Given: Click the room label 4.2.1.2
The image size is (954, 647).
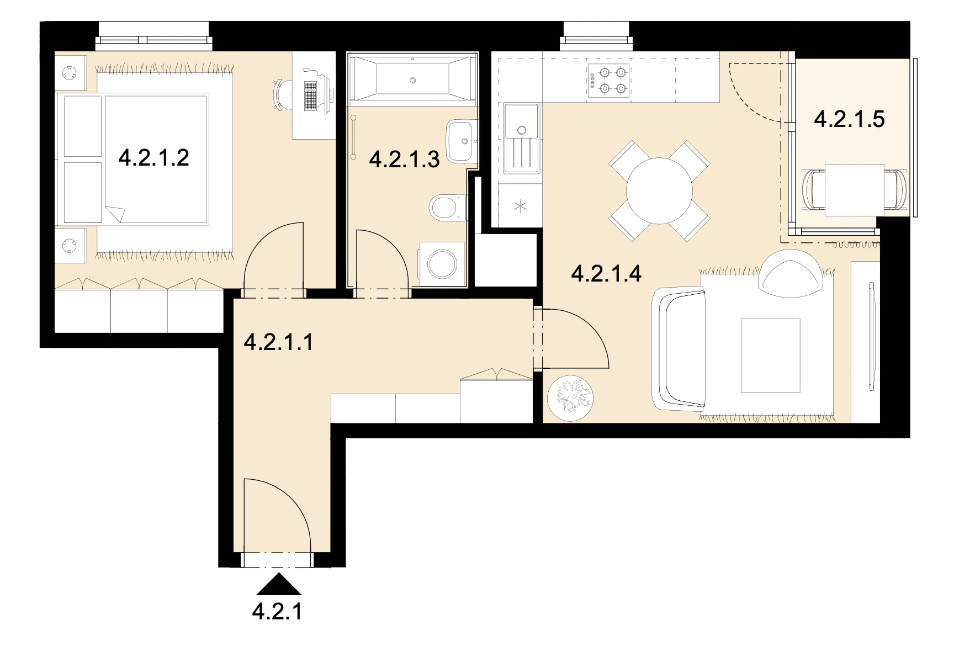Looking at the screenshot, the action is point(154,158).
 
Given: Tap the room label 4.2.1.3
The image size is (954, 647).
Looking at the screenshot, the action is point(404,160).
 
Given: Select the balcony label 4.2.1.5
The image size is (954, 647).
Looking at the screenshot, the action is point(850,119).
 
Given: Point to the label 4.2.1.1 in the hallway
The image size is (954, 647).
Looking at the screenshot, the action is point(279,342).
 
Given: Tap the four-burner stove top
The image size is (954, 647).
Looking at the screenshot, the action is point(609,80).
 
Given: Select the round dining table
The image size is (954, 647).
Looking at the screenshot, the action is point(659,190).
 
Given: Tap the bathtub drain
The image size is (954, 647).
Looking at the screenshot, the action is point(412,80).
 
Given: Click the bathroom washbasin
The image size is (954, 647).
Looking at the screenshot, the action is point(462,141).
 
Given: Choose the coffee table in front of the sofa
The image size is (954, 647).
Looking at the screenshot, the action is point(771,356).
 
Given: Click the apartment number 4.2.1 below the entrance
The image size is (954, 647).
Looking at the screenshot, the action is point(277,611).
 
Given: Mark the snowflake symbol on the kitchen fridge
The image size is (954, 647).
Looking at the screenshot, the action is point(521,206).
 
